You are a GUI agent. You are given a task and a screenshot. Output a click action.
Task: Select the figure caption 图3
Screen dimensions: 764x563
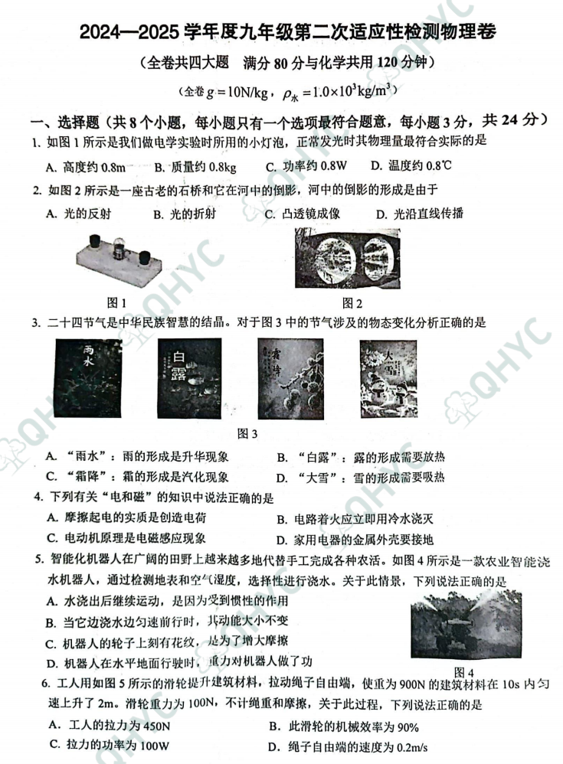click(x=247, y=434)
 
